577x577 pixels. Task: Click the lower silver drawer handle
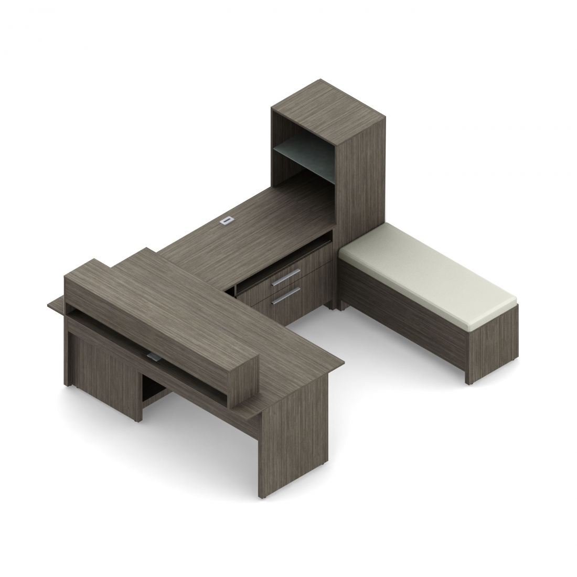point(286,297)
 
